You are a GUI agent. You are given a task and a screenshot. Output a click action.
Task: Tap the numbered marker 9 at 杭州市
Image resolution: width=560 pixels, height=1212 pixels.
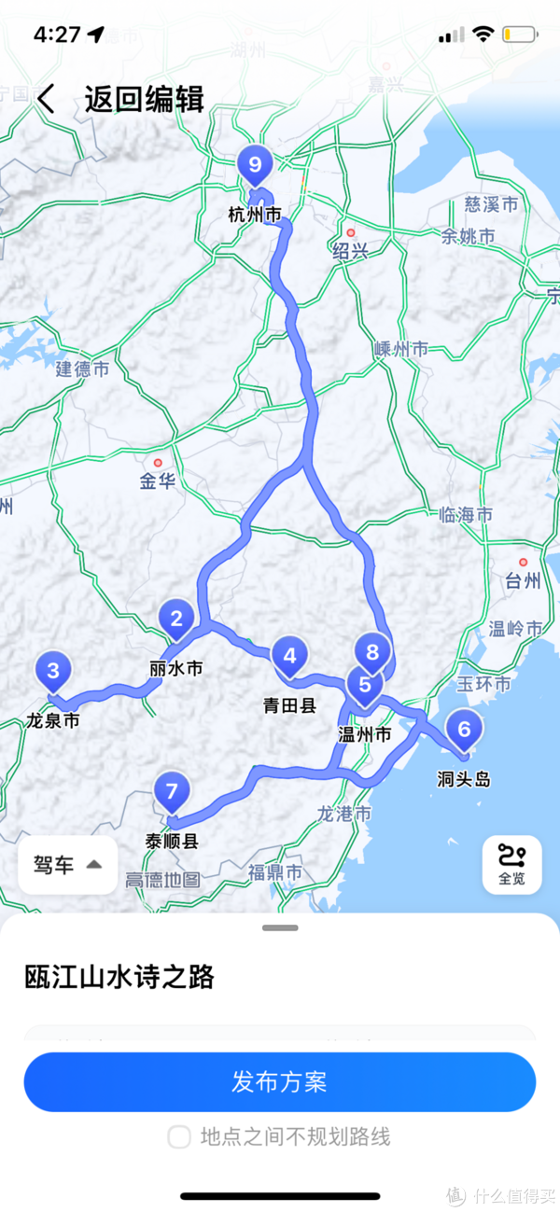pos(255,166)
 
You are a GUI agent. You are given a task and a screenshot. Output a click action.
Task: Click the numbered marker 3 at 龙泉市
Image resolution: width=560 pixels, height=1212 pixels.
pos(53,670)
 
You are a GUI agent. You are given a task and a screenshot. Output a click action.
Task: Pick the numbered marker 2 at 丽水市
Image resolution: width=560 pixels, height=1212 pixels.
pos(175,618)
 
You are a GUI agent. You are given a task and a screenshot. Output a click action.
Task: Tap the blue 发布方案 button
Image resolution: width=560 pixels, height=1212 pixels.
pos(280,1082)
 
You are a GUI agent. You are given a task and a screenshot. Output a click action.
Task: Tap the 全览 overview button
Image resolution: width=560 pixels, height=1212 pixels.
pos(511,864)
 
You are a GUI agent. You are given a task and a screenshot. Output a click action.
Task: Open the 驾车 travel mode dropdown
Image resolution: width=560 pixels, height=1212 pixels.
pos(68,865)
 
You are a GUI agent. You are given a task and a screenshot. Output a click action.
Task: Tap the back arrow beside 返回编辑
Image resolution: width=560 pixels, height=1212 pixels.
pos(46,99)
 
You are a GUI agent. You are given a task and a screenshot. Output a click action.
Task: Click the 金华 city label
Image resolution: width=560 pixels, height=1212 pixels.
pos(158,481)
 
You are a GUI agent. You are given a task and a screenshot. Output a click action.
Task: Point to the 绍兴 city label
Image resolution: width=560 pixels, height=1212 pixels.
pos(350,250)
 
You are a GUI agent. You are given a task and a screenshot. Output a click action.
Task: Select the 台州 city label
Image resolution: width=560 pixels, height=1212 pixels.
pos(523,581)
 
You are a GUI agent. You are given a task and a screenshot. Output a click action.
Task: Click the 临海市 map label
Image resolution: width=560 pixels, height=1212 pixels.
pos(466,514)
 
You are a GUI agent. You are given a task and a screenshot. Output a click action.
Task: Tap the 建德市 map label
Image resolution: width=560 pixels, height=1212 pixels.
pos(82,369)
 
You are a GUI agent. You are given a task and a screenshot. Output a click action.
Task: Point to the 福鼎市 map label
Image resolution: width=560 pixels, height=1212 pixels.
pos(274,873)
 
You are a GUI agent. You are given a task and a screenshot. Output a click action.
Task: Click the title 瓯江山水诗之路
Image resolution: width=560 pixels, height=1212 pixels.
pos(119,977)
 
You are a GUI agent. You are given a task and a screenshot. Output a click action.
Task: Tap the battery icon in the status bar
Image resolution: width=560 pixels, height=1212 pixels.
pos(519,35)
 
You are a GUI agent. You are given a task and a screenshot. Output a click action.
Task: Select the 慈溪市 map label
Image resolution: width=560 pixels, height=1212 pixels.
pos(492,204)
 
